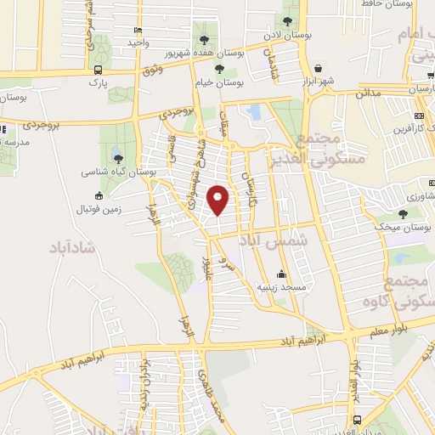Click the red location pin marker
(218, 201)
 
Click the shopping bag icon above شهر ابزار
(319, 68)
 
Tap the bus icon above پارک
(99, 71)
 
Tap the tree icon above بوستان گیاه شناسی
(117, 158)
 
